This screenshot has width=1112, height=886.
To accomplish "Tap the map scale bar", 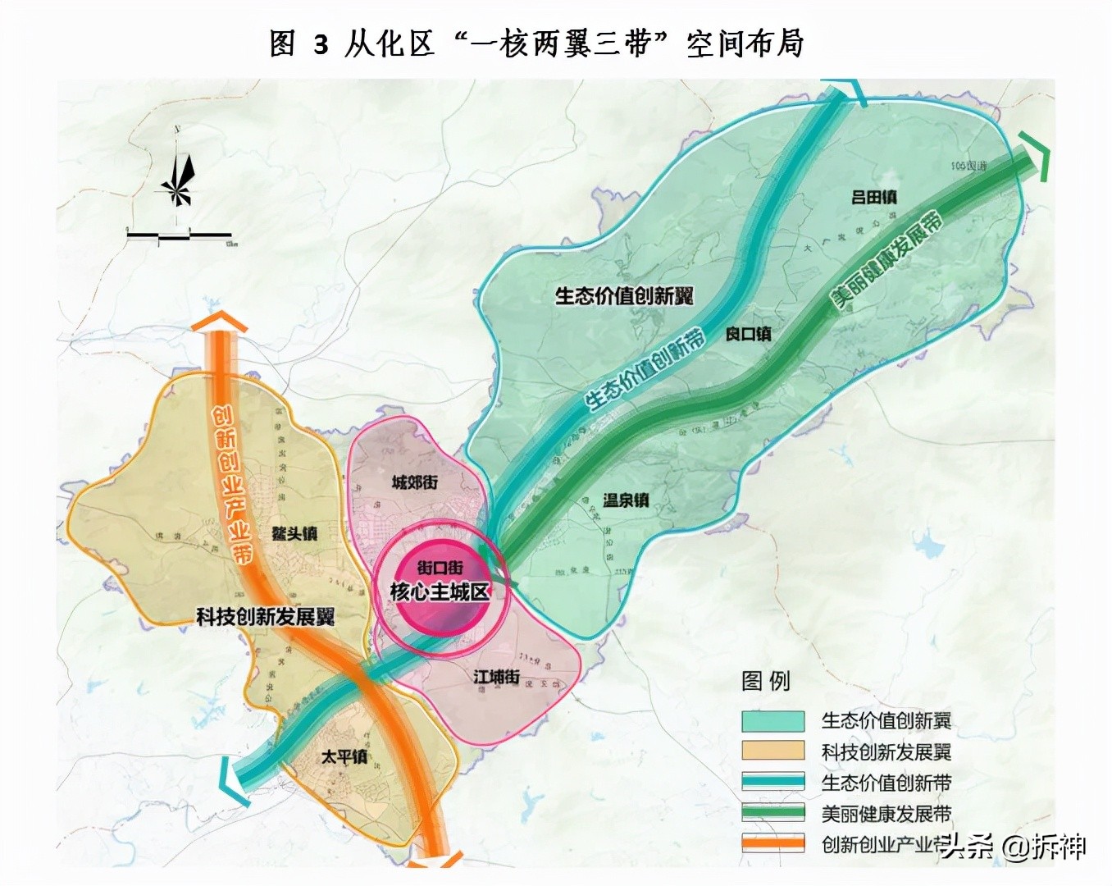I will [x=180, y=236].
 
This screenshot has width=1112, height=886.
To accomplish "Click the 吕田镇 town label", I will [x=873, y=197].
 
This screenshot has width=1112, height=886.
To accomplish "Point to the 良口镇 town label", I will [x=748, y=334].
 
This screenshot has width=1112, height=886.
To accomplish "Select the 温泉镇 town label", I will [x=626, y=500].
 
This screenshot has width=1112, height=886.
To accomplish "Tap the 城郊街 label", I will [x=414, y=482].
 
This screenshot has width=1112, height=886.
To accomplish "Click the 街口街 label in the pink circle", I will [x=440, y=567].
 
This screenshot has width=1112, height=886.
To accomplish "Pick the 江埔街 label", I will [x=496, y=677].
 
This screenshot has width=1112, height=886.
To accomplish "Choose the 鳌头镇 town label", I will [x=294, y=533].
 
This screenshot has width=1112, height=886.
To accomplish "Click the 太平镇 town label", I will [x=344, y=756].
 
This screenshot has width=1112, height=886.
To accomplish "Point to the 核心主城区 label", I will [x=440, y=591].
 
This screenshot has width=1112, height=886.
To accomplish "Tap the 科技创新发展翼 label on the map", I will [x=265, y=617].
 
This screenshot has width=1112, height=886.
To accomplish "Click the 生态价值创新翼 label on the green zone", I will [x=624, y=295].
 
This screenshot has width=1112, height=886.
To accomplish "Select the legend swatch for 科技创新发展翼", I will [x=772, y=751].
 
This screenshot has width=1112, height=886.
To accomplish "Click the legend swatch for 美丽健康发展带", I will [x=772, y=813].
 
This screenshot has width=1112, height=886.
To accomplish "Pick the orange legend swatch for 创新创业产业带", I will [x=772, y=843].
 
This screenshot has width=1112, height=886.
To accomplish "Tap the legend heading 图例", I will [x=765, y=681].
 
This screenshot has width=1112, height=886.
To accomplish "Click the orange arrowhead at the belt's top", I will [x=219, y=323].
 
